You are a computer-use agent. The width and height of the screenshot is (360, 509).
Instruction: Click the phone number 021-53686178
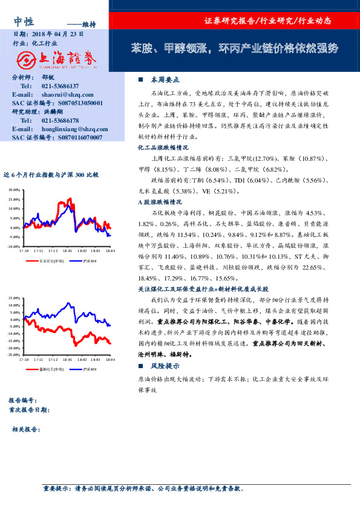(60, 120)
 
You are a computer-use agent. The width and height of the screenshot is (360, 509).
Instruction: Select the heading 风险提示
(165, 366)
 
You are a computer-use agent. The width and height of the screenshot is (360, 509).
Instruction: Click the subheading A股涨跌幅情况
(160, 202)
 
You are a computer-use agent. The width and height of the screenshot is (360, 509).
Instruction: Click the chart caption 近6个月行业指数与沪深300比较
(51, 175)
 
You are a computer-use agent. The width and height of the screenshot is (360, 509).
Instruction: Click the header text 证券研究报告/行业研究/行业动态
(268, 21)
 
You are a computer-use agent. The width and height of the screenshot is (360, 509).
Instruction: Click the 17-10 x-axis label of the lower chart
(24, 360)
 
